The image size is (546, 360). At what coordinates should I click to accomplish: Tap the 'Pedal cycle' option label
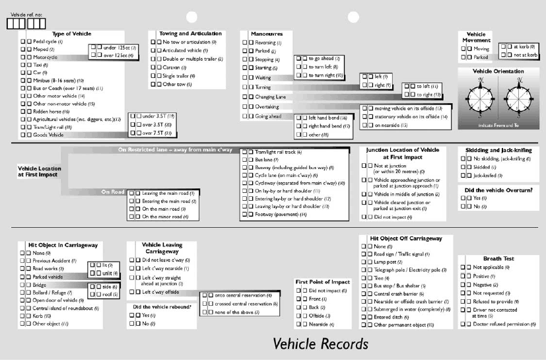point(48,42)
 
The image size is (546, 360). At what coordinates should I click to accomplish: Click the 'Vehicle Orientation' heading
point(499,71)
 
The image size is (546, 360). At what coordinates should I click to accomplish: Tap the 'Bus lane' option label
point(267,160)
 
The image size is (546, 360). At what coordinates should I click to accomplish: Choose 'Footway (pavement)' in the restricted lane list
point(280,215)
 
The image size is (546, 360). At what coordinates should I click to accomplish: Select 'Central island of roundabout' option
point(69,308)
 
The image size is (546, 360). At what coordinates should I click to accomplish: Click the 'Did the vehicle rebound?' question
point(162,306)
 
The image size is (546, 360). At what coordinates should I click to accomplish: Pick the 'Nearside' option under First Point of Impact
point(322,324)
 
